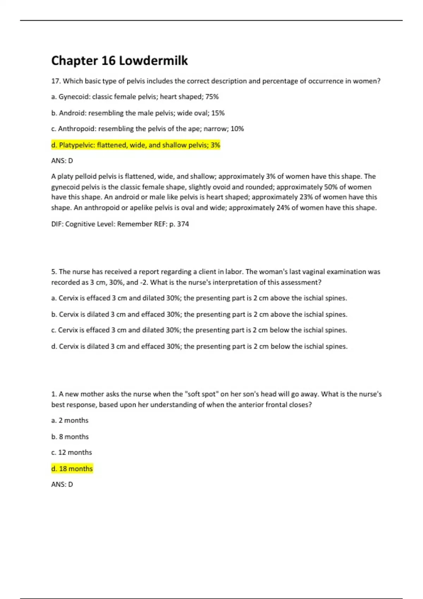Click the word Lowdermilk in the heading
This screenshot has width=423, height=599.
point(153,61)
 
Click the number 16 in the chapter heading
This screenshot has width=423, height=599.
point(108,61)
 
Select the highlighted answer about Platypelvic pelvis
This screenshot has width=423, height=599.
point(136,145)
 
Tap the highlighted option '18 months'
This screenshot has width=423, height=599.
point(72,469)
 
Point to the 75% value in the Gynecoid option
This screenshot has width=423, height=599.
point(212,97)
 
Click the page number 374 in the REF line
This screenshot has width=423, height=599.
point(183,224)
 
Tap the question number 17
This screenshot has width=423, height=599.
point(56,81)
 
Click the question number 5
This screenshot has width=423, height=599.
point(54,272)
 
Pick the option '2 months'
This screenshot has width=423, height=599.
point(70,420)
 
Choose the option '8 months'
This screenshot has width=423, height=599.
point(70,437)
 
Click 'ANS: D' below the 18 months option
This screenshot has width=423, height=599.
point(62,484)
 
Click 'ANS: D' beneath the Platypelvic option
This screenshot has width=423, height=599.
point(62,161)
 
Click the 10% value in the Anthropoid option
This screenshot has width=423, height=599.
point(237,129)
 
